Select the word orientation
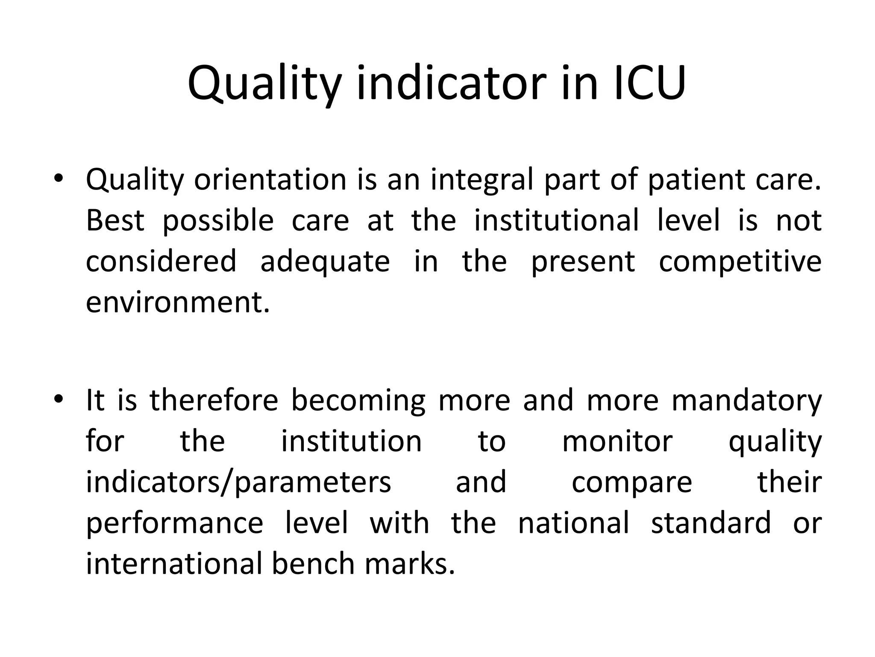pos(270,180)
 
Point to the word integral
pos(482,180)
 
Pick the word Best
pos(115,221)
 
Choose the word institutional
pos(556,221)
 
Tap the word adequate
pos(325,262)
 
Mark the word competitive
pos(740,262)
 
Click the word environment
pos(178,303)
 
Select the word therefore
pos(214,401)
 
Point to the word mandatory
pos(746,401)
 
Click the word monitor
pos(617,442)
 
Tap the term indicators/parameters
pos(238,482)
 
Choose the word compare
pos(631,482)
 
